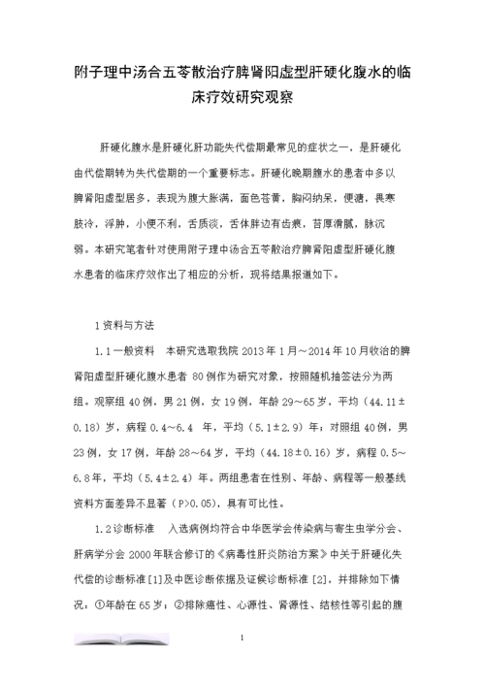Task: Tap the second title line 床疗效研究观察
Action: [242, 100]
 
